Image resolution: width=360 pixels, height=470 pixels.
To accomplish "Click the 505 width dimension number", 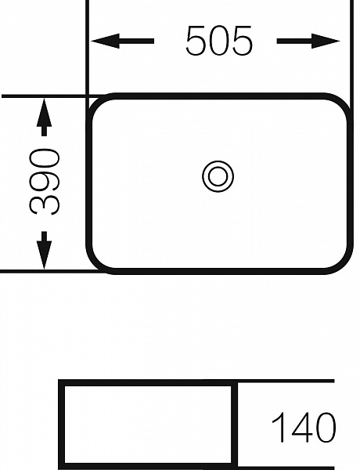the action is click(219, 41).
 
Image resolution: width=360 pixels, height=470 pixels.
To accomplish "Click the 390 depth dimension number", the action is click(45, 182).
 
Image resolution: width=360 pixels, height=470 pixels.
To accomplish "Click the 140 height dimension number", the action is click(304, 428).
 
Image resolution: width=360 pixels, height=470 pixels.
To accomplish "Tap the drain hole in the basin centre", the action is click(218, 176).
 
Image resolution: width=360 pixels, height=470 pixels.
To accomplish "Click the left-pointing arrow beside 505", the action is click(122, 41).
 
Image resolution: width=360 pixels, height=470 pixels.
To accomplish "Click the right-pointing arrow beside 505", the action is click(308, 41).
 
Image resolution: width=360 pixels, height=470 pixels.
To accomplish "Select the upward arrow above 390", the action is click(44, 117).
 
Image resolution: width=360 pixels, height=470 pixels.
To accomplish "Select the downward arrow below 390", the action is click(44, 250).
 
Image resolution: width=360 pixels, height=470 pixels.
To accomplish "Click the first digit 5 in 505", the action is click(196, 41).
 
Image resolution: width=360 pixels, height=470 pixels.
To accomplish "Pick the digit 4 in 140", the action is click(302, 428).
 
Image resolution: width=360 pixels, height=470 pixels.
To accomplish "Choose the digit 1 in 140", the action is click(279, 428).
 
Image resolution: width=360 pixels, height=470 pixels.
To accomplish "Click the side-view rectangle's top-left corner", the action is click(61, 382).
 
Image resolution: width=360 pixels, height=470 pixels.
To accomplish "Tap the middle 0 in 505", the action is click(219, 41).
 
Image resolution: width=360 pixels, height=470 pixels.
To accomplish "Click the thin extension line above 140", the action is click(286, 381).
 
